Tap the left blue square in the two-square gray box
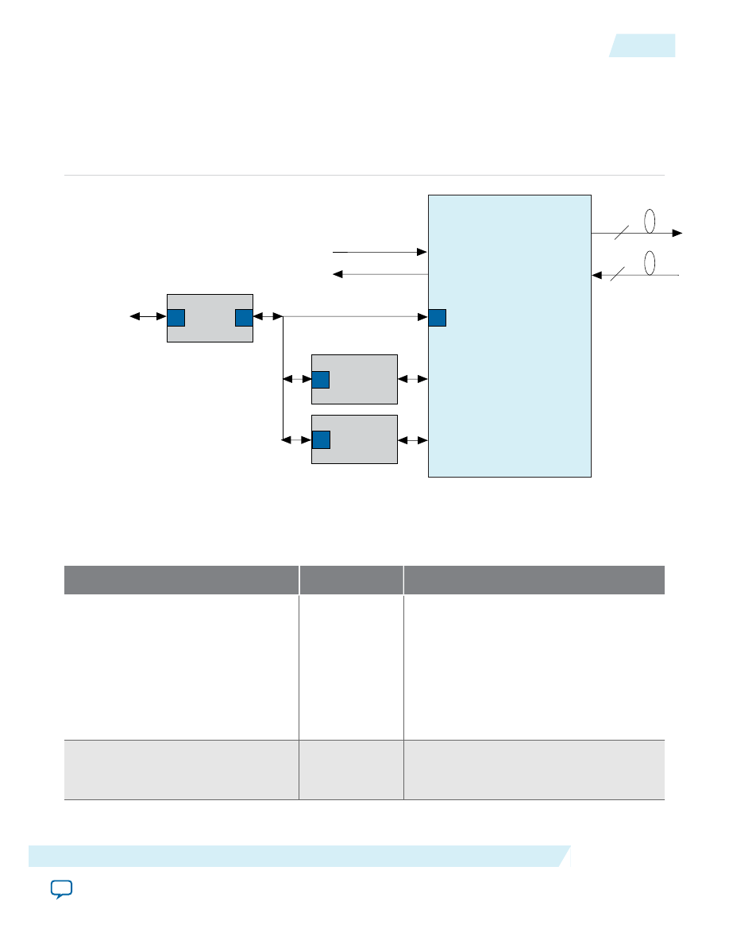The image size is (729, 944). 175,318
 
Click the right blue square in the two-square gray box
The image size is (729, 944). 244,318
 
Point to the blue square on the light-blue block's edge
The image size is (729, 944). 437,318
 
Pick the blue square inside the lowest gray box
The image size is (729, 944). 321,439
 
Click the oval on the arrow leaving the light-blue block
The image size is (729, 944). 649,222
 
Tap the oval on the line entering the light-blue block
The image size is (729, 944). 649,263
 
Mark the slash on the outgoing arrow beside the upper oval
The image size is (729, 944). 622,232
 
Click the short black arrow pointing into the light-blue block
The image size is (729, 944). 380,252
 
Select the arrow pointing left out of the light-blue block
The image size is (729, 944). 380,274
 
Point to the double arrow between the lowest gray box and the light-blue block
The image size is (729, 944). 413,439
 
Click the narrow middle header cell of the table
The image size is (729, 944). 351,579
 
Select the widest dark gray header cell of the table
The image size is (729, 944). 534,579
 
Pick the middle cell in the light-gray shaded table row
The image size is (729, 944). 351,769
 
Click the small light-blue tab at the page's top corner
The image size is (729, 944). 643,46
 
